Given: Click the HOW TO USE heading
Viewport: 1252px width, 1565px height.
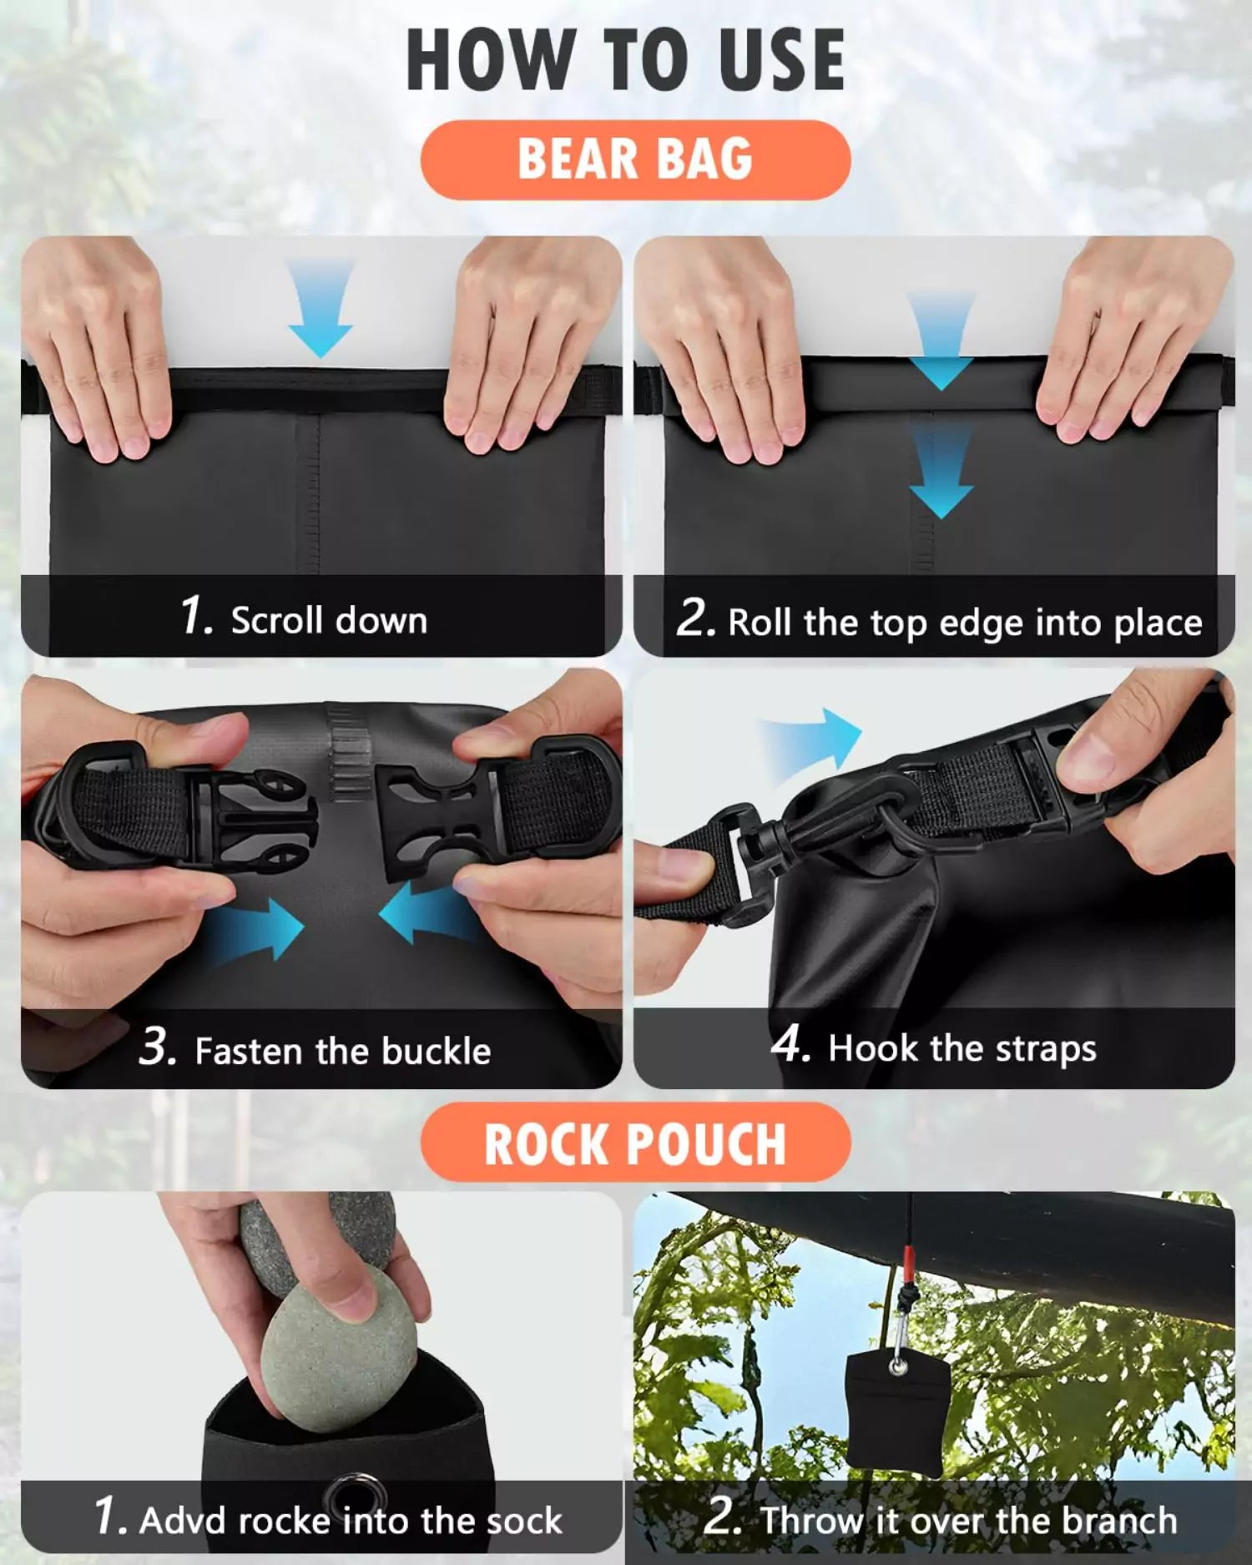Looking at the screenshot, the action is [626, 60].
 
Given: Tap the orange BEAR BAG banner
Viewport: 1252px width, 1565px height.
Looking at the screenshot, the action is [635, 159].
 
